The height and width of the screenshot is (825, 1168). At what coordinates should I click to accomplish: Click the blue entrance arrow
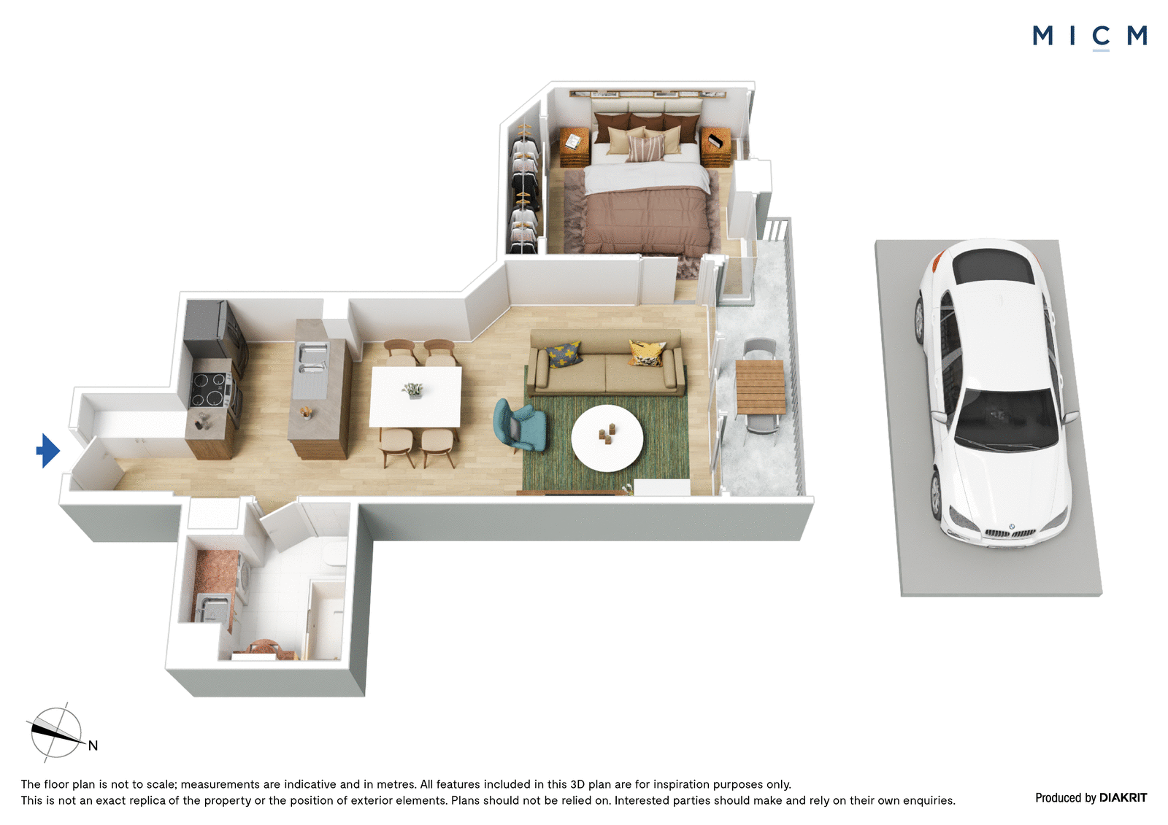click(x=48, y=451)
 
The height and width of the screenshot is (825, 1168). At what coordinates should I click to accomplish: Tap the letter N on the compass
click(x=93, y=745)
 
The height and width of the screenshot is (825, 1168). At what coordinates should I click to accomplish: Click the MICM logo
click(x=1090, y=37)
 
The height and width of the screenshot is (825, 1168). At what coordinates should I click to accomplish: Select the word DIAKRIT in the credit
click(x=1123, y=797)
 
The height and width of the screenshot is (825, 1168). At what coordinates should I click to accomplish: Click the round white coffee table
click(x=607, y=438)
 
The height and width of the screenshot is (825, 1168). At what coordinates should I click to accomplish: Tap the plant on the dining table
click(x=413, y=390)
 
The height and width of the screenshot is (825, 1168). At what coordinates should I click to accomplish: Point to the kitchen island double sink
click(x=312, y=360)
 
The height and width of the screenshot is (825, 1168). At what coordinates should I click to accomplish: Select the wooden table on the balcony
click(x=760, y=387)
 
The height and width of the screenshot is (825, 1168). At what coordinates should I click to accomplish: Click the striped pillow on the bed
click(x=645, y=148)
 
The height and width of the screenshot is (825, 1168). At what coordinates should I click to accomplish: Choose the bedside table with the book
click(x=574, y=147)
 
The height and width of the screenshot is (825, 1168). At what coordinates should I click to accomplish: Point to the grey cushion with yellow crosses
click(x=564, y=355)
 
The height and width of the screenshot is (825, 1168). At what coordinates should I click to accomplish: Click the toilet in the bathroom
click(x=335, y=552)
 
